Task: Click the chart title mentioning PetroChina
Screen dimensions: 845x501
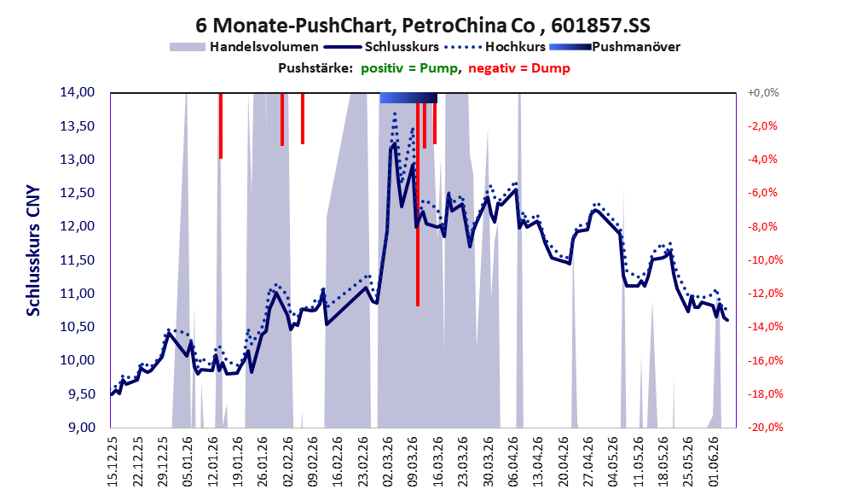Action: (423, 26)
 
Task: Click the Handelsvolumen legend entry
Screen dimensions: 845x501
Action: (244, 47)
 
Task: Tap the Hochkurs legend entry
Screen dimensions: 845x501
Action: (495, 47)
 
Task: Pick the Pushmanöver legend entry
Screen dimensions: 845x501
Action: (615, 47)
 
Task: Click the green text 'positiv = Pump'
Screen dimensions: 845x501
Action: (409, 68)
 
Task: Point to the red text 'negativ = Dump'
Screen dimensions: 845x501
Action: (519, 68)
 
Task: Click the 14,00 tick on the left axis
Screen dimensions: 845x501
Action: (77, 92)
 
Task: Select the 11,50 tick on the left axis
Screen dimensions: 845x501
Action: (77, 260)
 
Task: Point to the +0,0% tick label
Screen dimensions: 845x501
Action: (763, 93)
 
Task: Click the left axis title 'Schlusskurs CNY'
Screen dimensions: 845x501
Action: (33, 251)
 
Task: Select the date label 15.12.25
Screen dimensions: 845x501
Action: (112, 461)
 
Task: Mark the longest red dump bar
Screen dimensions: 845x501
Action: (418, 205)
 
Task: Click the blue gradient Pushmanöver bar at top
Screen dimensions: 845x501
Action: (408, 97)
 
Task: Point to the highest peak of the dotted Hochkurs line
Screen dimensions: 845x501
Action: (395, 113)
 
